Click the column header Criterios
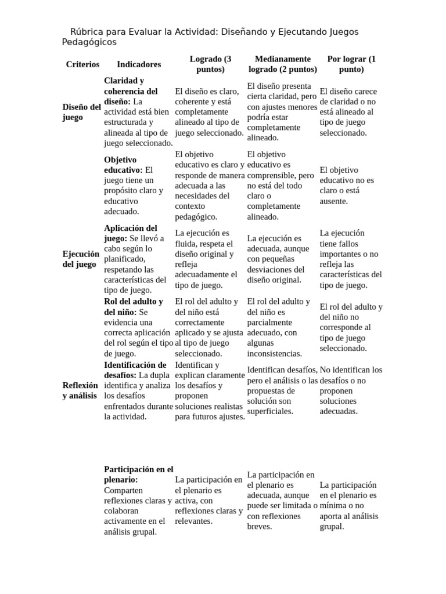[82, 64]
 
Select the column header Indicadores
[139, 64]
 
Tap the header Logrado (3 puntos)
[210, 64]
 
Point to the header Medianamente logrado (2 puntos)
[283, 64]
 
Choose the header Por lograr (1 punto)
[351, 64]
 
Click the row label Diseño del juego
[82, 112]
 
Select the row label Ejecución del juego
[81, 259]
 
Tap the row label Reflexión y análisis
[81, 390]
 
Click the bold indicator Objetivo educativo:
[123, 165]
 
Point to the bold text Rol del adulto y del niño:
[133, 306]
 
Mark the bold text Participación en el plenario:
[138, 474]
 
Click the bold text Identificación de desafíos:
[135, 370]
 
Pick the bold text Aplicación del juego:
[131, 233]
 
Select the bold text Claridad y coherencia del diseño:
[130, 91]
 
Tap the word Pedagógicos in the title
[89, 42]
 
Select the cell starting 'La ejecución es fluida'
[206, 259]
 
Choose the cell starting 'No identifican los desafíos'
[351, 390]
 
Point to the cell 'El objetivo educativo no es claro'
[347, 186]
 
